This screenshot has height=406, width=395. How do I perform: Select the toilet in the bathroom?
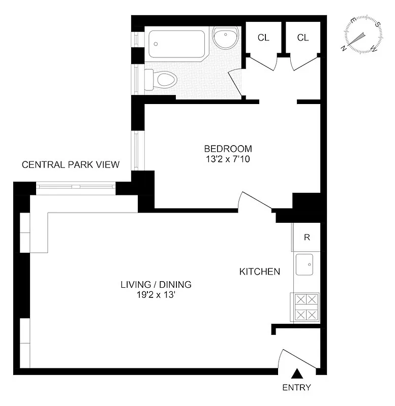(162, 80)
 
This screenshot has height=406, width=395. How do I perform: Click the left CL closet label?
(263, 38)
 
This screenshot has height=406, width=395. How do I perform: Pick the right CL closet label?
(303, 38)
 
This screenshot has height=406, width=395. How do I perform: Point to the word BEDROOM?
(228, 149)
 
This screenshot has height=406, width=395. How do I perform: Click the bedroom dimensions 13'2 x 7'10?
(228, 159)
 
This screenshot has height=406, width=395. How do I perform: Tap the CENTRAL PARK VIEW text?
(71, 164)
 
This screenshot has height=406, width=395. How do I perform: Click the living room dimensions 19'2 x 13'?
(156, 294)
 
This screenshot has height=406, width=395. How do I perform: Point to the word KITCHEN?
(259, 272)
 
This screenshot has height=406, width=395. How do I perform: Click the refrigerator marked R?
(307, 237)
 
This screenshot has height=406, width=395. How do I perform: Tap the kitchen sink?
(307, 264)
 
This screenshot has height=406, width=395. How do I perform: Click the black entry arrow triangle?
(297, 375)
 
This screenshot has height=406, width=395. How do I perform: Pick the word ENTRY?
(297, 388)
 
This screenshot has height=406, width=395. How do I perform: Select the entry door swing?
(297, 358)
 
